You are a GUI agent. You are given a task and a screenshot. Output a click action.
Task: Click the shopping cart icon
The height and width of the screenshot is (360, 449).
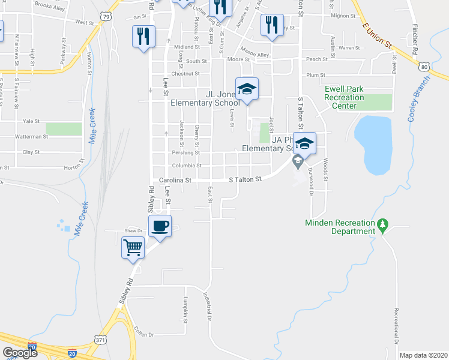[133, 247]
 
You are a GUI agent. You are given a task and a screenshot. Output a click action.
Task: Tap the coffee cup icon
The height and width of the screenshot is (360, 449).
[160, 226]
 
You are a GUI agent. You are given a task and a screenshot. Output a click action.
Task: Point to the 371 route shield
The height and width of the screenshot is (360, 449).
[101, 340]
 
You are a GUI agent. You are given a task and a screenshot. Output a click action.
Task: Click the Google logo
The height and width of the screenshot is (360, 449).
[19, 353]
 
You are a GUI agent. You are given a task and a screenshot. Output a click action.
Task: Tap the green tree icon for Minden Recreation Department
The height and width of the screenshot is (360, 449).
[382, 225]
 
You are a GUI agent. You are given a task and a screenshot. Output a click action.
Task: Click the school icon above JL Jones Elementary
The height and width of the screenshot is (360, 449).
[246, 89]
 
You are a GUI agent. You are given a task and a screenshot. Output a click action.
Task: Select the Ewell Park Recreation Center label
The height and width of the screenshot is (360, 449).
[344, 97]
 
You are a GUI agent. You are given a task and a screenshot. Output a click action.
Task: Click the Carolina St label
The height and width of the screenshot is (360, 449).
[175, 179]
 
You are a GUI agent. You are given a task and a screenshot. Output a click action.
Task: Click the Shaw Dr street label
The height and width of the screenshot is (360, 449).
[133, 230]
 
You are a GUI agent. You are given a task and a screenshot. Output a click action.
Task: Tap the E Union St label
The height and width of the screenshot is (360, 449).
[377, 35]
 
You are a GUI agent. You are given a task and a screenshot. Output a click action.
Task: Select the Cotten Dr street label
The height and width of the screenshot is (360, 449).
[145, 334]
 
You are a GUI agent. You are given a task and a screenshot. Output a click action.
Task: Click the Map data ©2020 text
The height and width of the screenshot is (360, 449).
[423, 355]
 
